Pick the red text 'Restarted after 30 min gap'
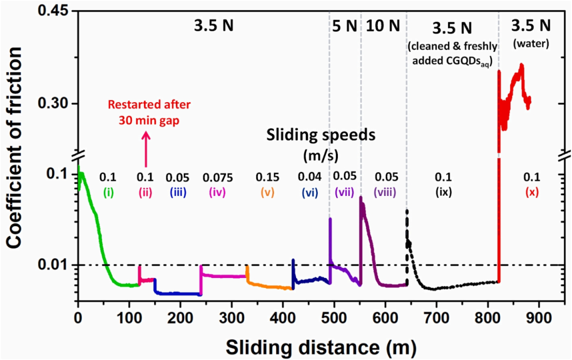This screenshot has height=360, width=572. [x=146, y=113]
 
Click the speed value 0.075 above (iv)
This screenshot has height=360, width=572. [x=217, y=177]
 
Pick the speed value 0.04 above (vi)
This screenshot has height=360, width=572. [x=309, y=177]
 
